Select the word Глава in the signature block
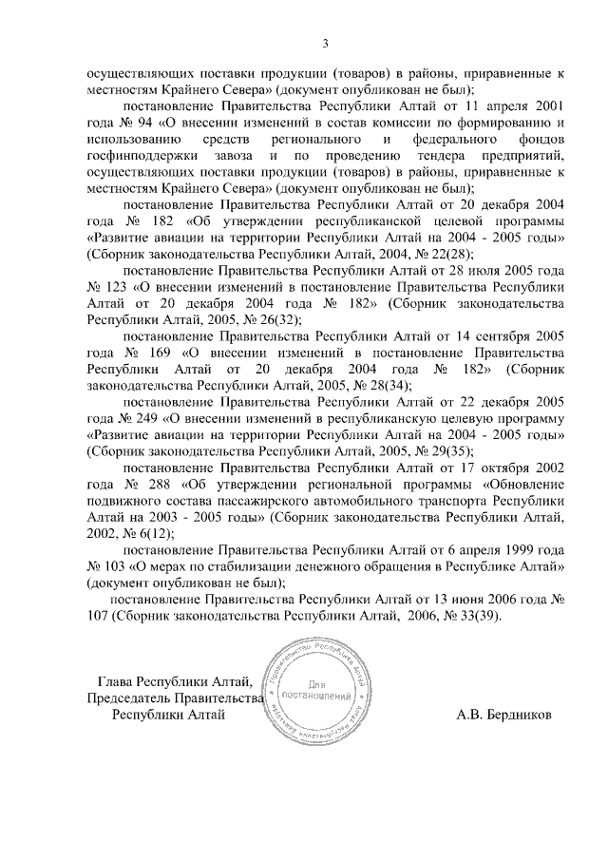[118, 681]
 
